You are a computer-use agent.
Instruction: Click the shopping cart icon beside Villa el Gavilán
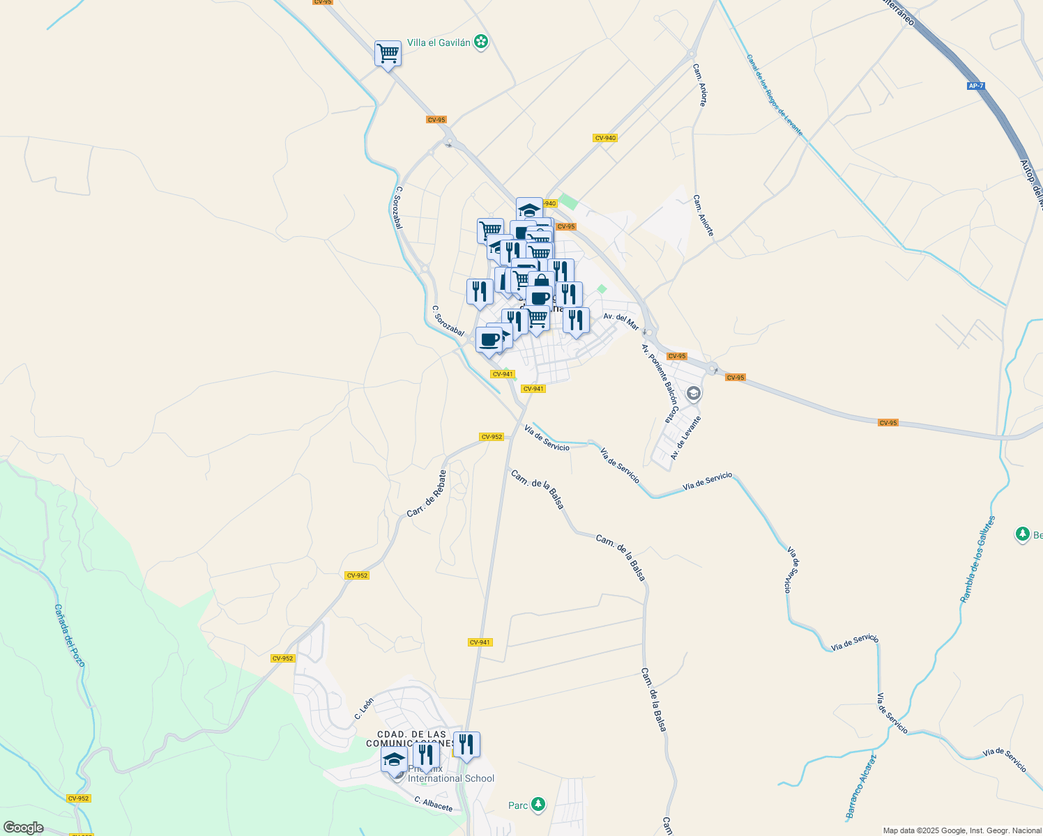coord(388,54)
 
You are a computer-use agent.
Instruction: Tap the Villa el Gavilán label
coord(439,42)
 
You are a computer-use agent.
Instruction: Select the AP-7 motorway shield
coord(976,86)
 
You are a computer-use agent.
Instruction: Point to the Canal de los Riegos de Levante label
coord(774,95)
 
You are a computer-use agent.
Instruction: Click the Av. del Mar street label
coord(621,320)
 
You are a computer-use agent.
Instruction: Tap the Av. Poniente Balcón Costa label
coord(660,383)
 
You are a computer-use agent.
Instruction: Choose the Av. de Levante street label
coord(685,438)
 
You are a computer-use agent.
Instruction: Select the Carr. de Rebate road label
coord(427,494)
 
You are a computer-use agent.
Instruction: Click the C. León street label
coord(364,709)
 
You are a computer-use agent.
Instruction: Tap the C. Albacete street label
coord(434,804)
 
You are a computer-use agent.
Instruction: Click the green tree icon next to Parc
coord(538,805)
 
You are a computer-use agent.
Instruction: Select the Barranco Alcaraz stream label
coord(861,787)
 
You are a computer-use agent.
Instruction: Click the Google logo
coord(22,828)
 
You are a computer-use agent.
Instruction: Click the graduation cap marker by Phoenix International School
coord(394,760)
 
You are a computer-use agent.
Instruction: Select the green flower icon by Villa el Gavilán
coord(480,42)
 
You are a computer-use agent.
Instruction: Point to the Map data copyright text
coord(962,830)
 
